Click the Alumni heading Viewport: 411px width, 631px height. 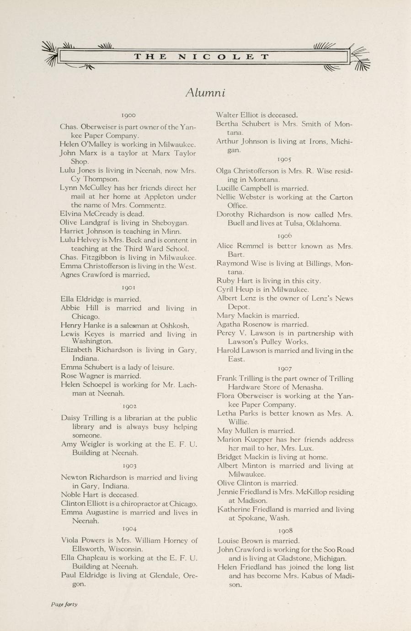click(x=205, y=92)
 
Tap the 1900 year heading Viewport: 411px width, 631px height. click(x=128, y=115)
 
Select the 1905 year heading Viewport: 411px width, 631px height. click(x=284, y=159)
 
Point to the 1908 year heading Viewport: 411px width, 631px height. click(x=285, y=530)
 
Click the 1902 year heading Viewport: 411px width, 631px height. click(x=129, y=406)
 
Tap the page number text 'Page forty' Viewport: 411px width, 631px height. click(x=64, y=604)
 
